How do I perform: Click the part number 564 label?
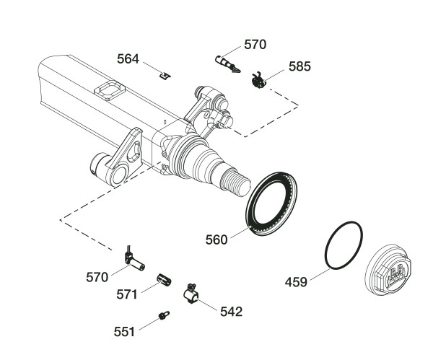(130, 59)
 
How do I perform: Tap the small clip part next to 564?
(165, 74)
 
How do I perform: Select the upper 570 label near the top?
(255, 45)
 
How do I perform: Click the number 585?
(299, 66)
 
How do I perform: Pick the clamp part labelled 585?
(258, 80)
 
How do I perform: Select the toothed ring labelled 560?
(276, 201)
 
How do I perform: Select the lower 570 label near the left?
(97, 276)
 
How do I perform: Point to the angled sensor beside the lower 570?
(134, 258)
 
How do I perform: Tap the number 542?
(231, 312)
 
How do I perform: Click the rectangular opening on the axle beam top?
(110, 92)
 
